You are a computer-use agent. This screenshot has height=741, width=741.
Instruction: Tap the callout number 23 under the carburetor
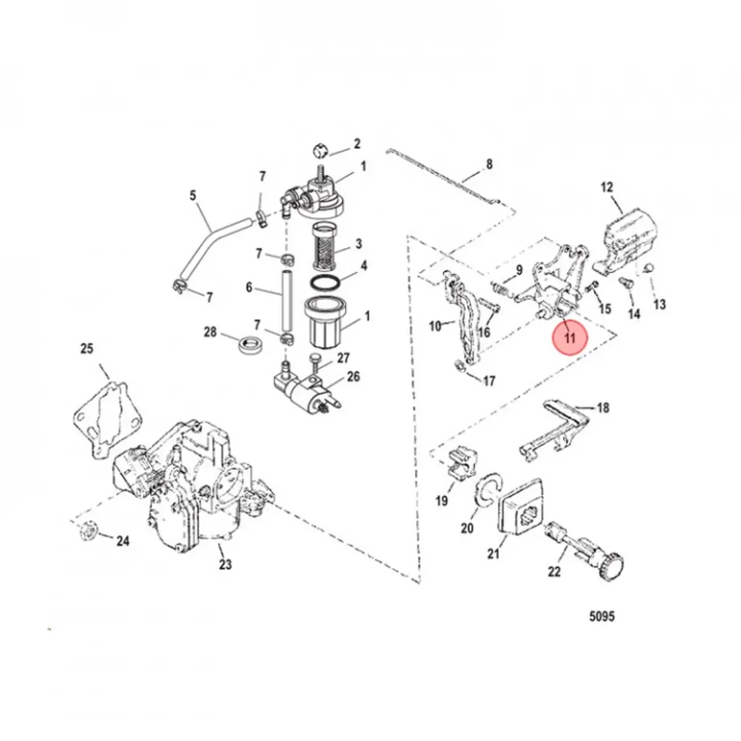(x=225, y=564)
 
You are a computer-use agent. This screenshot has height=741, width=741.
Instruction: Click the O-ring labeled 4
(x=324, y=282)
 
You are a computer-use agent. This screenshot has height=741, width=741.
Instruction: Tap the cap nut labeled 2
(x=318, y=150)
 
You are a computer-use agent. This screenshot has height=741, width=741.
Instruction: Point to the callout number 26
(x=353, y=377)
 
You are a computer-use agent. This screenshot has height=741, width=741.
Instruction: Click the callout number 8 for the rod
(x=489, y=164)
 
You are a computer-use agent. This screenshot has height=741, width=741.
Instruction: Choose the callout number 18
(x=603, y=408)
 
